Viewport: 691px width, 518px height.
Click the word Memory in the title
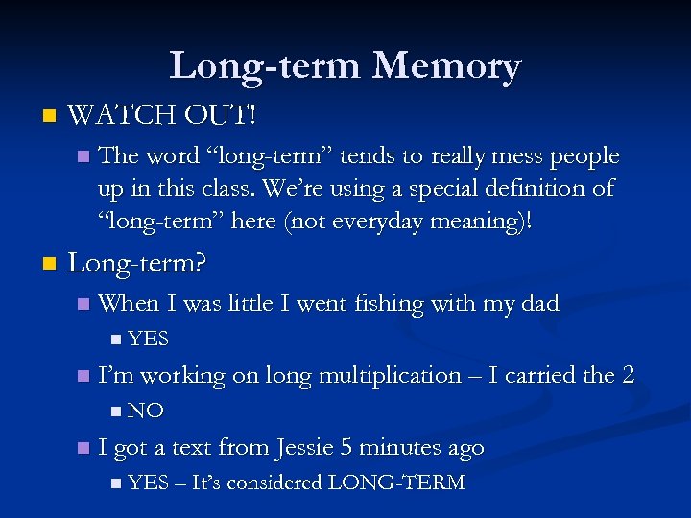click(x=446, y=66)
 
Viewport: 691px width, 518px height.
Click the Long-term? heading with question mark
click(x=137, y=262)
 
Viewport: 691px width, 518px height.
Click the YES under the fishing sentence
click(x=148, y=339)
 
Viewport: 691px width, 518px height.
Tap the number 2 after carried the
click(x=628, y=375)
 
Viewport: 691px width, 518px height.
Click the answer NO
click(x=146, y=411)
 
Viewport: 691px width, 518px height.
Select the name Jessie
click(x=308, y=447)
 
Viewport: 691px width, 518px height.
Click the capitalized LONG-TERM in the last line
click(x=396, y=483)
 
